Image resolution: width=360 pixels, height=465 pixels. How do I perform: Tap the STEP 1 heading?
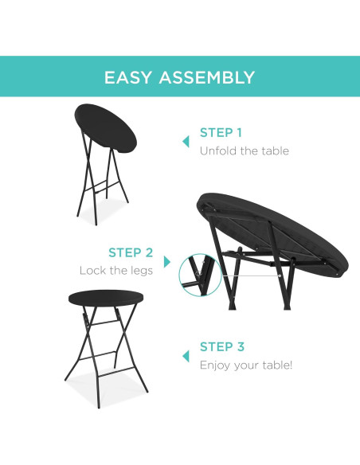tap(221, 133)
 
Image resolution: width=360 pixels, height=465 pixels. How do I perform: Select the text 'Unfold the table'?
tap(244, 150)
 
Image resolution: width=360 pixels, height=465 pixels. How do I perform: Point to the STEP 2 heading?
tap(131, 253)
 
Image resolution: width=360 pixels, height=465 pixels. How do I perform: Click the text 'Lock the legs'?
tap(116, 271)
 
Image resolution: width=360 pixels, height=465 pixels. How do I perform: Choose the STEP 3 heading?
tap(221, 347)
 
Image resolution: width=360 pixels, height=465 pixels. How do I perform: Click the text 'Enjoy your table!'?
tap(246, 365)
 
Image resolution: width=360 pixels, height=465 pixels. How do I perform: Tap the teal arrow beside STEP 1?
tap(186, 141)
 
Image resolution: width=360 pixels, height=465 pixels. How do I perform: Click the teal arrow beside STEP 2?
tap(167, 261)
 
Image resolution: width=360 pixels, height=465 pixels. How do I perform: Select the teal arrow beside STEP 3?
tap(186, 355)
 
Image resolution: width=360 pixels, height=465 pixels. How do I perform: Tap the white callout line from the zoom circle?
tap(243, 275)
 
